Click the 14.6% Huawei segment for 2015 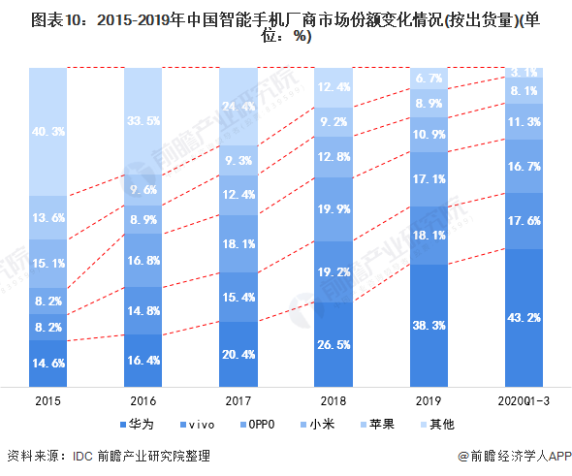(48, 364)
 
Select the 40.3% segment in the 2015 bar (48, 132)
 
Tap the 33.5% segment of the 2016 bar (143, 121)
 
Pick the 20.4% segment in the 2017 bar (238, 354)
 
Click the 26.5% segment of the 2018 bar (334, 345)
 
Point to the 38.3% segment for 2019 (429, 326)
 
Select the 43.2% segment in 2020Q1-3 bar (524, 318)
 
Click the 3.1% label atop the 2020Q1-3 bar (524, 73)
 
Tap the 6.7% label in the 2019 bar (429, 79)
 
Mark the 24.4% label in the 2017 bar (238, 106)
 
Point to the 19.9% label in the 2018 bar (334, 209)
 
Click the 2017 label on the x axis (238, 400)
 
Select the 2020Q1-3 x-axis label (524, 400)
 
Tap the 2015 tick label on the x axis (48, 400)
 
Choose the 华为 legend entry (137, 425)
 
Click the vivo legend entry (198, 425)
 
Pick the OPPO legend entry (257, 425)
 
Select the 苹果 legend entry (377, 425)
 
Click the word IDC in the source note (82, 457)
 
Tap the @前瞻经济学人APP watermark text (515, 456)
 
